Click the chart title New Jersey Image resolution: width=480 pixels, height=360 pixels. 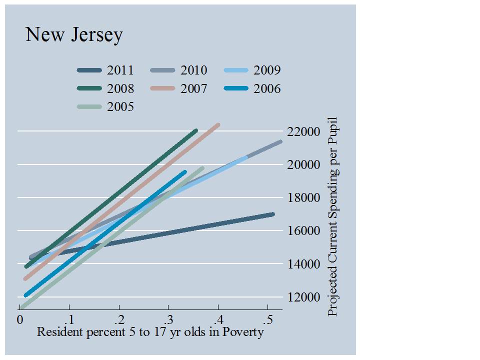74,35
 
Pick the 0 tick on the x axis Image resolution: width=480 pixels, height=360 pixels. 20,319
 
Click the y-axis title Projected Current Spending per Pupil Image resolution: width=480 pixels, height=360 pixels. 332,216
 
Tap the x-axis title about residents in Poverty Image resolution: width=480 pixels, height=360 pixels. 150,332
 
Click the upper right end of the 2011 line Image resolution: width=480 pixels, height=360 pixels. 272,214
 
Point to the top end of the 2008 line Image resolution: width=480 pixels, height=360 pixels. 195,130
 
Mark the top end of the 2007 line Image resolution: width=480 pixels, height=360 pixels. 218,124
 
